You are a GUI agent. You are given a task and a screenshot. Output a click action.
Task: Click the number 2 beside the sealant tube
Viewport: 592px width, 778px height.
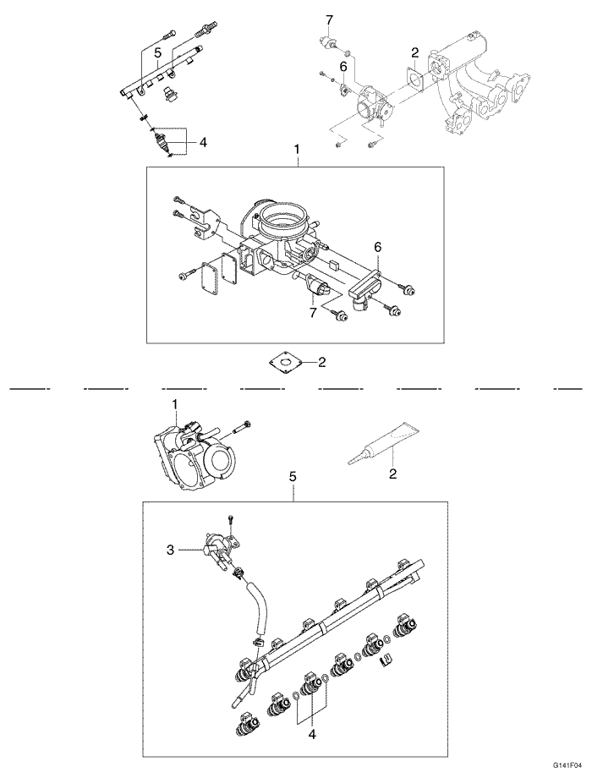click(x=392, y=474)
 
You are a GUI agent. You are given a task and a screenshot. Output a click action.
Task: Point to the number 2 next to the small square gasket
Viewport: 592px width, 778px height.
click(x=321, y=363)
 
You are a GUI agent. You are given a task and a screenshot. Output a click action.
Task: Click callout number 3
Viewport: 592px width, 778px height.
click(x=171, y=550)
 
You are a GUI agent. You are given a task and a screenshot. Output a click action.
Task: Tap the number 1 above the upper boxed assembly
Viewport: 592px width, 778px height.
click(x=297, y=149)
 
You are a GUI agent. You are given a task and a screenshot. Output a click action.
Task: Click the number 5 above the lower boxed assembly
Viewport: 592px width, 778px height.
click(x=293, y=477)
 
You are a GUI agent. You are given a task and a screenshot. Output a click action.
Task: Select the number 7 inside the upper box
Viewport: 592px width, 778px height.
click(x=312, y=313)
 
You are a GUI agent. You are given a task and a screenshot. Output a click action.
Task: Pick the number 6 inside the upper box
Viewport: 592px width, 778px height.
click(x=378, y=246)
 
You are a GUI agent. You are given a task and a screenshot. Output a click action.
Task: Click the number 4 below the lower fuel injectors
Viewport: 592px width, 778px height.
click(x=312, y=735)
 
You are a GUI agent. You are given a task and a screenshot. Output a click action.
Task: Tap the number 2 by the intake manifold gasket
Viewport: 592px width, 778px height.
click(x=414, y=52)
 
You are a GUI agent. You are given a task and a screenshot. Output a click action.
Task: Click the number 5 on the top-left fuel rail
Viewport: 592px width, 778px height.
click(x=157, y=52)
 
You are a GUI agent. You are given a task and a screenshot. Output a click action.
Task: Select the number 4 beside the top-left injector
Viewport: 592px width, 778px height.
click(x=203, y=143)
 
